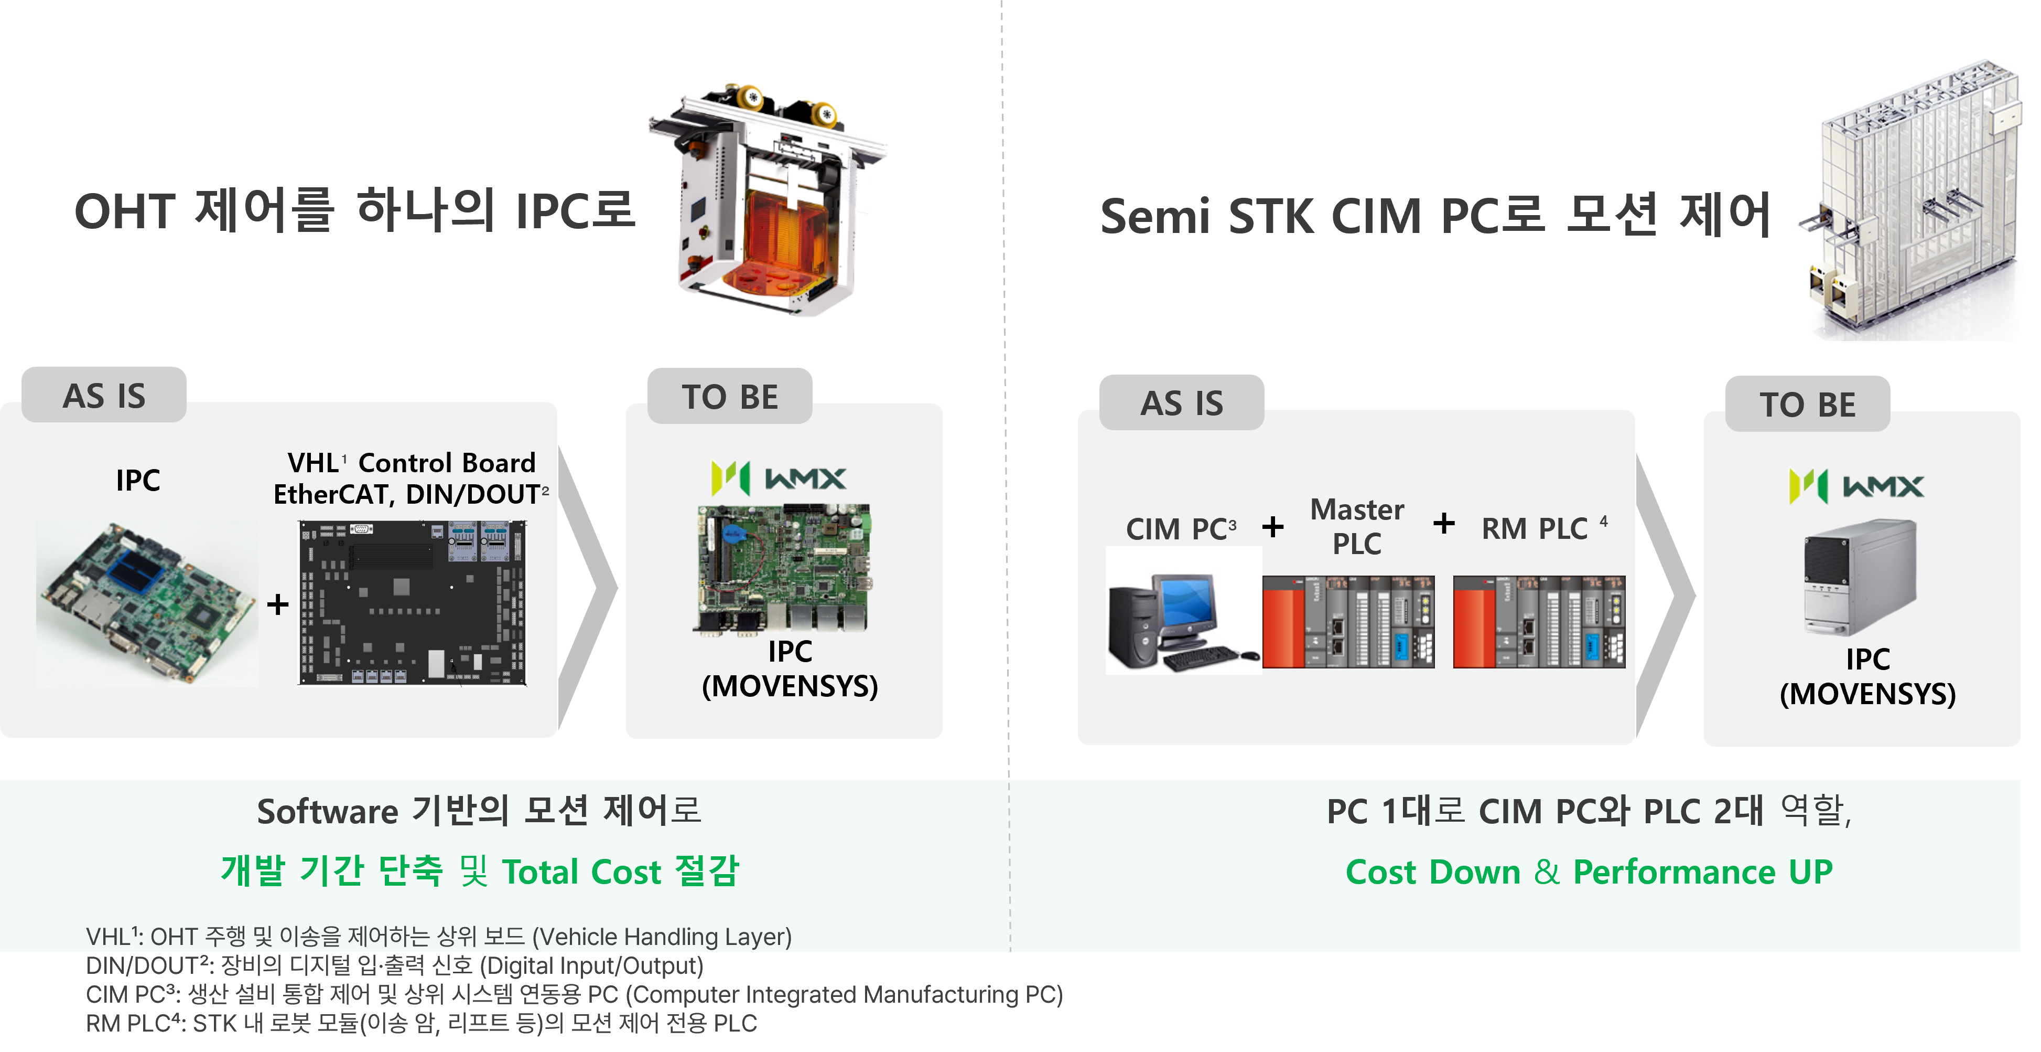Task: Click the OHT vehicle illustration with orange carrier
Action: click(x=767, y=198)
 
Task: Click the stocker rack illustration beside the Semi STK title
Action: click(x=1914, y=202)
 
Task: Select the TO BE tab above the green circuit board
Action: click(x=730, y=396)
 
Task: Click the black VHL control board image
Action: click(x=412, y=602)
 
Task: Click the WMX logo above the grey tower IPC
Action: click(x=1855, y=486)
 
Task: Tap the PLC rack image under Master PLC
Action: click(x=1348, y=622)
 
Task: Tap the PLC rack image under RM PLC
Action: click(x=1539, y=622)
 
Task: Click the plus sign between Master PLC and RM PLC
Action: click(x=1444, y=523)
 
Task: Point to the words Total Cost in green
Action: click(x=581, y=872)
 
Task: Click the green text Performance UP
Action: click(x=1702, y=872)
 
